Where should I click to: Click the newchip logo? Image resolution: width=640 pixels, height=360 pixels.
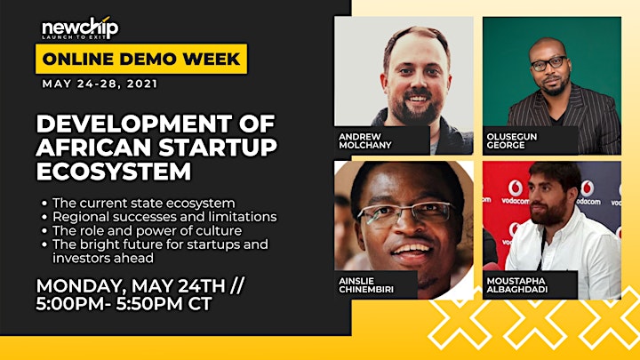click(x=80, y=28)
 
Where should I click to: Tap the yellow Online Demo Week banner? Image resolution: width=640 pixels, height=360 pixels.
click(x=141, y=59)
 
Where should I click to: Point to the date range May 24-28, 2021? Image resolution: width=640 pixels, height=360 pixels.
click(x=100, y=84)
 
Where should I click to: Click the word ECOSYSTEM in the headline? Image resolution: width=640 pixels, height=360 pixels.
click(x=114, y=172)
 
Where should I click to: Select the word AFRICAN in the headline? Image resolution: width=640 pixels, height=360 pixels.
click(x=95, y=148)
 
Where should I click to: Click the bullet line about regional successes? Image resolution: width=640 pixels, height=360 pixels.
click(x=164, y=217)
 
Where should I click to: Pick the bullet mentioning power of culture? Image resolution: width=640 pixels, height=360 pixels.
click(x=147, y=230)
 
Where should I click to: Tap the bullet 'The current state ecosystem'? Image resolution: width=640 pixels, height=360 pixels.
click(x=144, y=203)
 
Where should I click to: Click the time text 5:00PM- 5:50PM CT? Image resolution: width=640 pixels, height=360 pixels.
click(x=124, y=304)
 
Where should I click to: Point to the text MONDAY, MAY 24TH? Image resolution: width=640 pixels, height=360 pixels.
click(x=131, y=285)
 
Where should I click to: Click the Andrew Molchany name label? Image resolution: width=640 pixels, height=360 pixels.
click(x=365, y=140)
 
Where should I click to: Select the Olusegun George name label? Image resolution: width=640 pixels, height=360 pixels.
click(x=512, y=140)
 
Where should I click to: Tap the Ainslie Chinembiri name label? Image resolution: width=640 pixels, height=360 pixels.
click(x=366, y=285)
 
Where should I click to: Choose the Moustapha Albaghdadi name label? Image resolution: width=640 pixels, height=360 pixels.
click(x=516, y=285)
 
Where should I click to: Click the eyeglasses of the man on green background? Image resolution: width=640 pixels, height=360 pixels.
click(x=548, y=64)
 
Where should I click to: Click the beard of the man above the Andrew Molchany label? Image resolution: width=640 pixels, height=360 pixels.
click(x=416, y=107)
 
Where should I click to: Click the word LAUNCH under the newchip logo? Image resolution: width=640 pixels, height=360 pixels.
click(x=53, y=36)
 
